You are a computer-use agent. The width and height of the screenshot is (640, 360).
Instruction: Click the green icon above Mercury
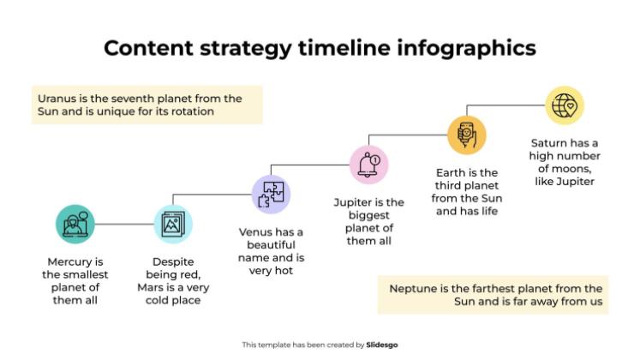point(75,224)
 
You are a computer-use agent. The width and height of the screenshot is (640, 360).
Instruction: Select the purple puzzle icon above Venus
point(272,194)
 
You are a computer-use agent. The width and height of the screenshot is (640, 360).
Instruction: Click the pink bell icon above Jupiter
point(369,163)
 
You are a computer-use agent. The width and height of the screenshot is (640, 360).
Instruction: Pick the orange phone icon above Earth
point(467,134)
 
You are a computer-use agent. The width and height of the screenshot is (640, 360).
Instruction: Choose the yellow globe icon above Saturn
point(565,105)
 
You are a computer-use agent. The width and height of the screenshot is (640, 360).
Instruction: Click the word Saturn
point(552,143)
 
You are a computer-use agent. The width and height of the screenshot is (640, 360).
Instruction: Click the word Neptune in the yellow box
point(415,288)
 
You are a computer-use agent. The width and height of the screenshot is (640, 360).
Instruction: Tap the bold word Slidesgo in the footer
point(382,345)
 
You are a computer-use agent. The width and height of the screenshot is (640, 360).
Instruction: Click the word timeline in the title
point(347,48)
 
